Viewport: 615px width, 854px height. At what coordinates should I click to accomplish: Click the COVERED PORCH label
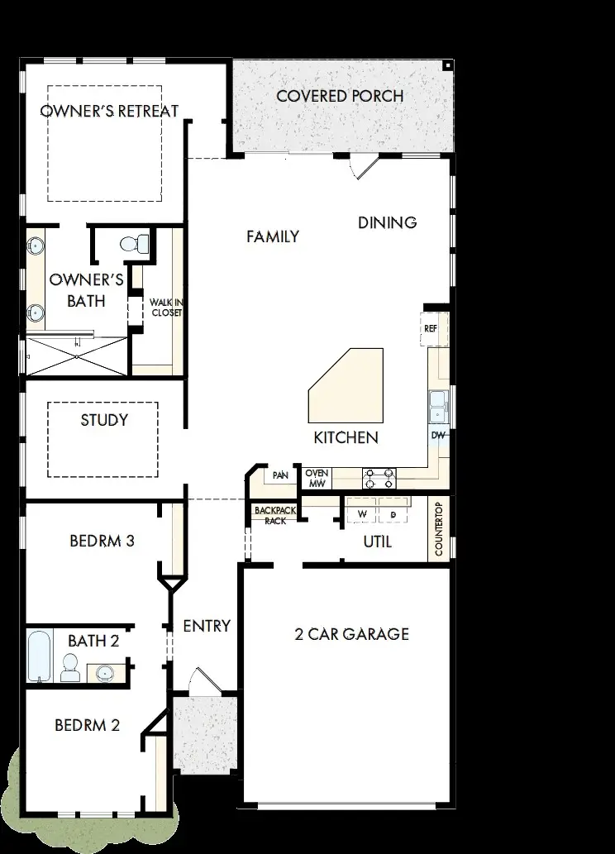[x=340, y=96]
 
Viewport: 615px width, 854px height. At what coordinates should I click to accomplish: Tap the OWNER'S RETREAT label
[x=109, y=112]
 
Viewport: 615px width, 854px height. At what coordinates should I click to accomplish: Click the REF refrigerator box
[x=431, y=328]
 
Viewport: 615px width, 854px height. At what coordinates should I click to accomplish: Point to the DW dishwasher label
[x=437, y=435]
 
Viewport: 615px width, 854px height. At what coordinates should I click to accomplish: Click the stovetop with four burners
[x=379, y=478]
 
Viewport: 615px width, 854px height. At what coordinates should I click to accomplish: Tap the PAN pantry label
[x=280, y=475]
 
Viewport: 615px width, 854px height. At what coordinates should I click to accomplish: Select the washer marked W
[x=361, y=514]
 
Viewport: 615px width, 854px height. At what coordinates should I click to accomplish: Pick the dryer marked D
[x=393, y=514]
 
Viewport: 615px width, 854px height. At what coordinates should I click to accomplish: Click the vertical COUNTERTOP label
[x=439, y=530]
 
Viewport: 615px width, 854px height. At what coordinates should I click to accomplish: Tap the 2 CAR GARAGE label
[x=351, y=635]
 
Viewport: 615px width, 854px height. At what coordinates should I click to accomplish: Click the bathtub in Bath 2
[x=39, y=656]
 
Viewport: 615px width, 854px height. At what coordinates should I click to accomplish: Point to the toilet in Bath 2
[x=70, y=667]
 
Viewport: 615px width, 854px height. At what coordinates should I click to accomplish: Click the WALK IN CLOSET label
[x=164, y=308]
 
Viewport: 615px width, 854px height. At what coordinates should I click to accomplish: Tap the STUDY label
[x=104, y=420]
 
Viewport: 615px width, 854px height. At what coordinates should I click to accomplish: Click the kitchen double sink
[x=437, y=406]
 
